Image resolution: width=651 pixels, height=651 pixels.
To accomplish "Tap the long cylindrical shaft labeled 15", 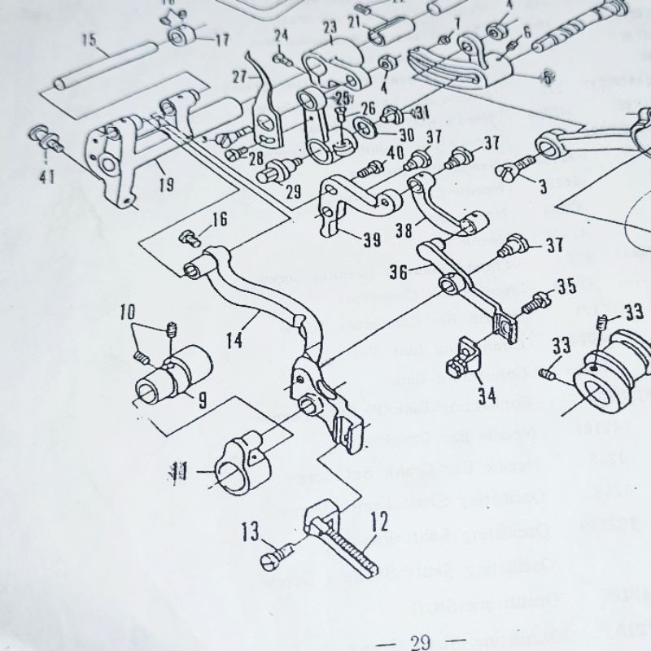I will [x=106, y=68].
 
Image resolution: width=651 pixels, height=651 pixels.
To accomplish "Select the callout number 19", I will [x=166, y=186].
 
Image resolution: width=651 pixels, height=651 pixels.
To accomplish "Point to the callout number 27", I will [x=239, y=77].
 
